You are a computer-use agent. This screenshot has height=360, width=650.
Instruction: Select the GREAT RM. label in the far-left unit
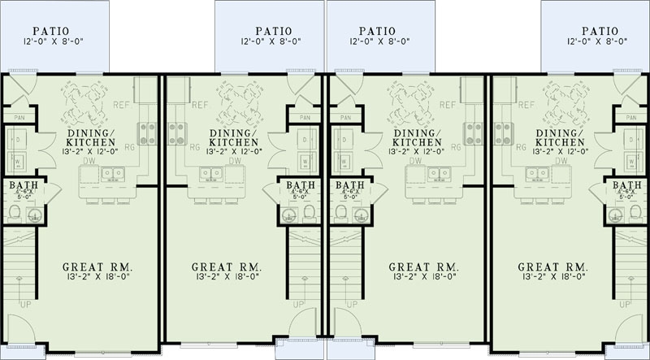pos(97,267)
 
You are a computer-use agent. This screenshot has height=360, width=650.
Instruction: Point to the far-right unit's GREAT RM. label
pos(552,267)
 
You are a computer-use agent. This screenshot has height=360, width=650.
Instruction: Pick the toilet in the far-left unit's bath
pos(15,213)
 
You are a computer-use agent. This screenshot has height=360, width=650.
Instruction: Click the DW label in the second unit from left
pos(236,161)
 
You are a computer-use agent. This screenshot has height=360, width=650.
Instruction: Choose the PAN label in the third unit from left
pos(345,117)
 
